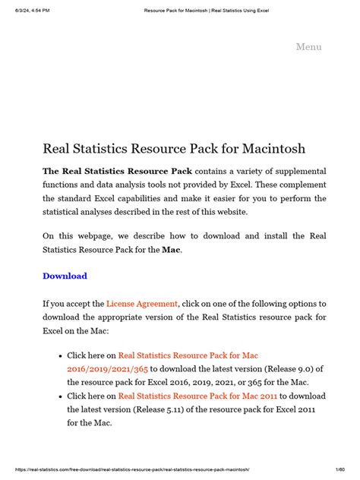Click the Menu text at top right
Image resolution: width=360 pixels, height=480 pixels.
[x=308, y=47]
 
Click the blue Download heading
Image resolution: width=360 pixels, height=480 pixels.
[x=65, y=276]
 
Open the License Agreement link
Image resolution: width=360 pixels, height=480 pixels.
[x=142, y=304]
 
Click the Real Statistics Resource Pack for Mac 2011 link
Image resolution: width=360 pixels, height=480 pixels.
[x=198, y=396]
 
